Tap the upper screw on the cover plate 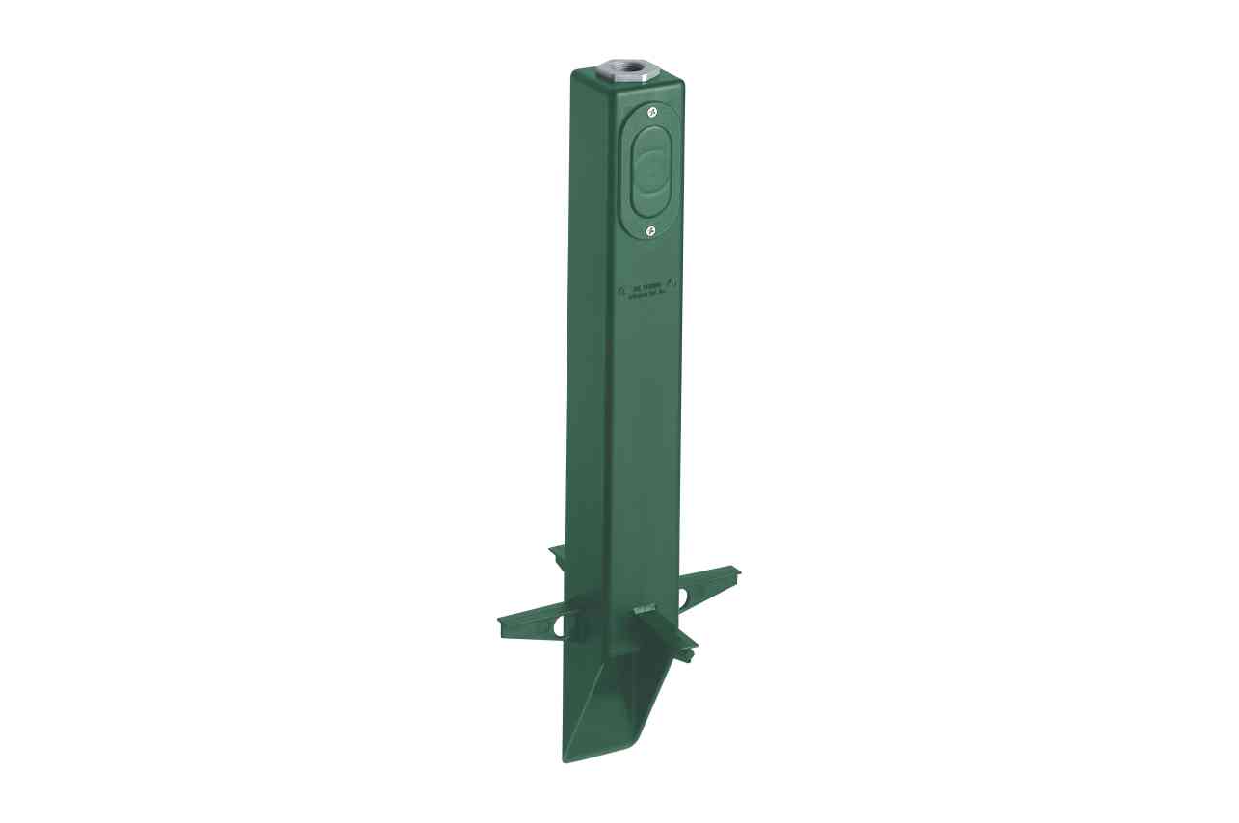coord(652,114)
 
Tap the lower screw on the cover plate coord(651,229)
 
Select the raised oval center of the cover coord(651,172)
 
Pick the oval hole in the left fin coord(555,626)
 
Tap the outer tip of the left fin coord(501,619)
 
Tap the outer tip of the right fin coord(737,572)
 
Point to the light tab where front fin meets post coord(645,609)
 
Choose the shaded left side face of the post coord(589,337)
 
